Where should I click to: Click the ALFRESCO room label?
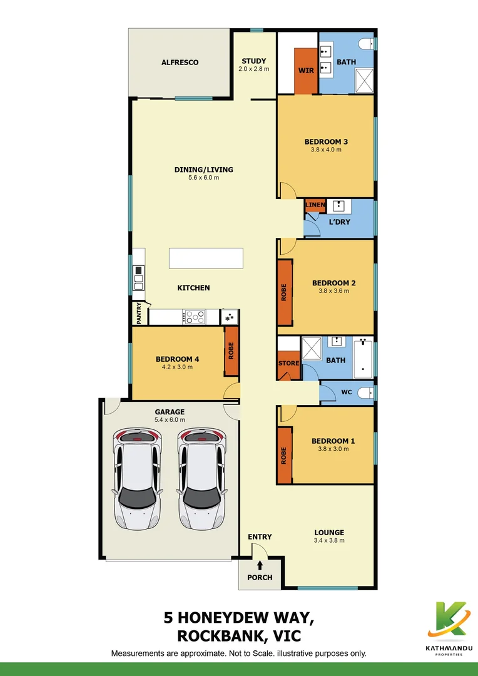pyautogui.click(x=180, y=63)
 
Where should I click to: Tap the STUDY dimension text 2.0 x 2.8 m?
pyautogui.click(x=254, y=69)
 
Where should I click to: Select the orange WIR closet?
pyautogui.click(x=306, y=70)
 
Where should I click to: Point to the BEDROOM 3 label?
pyautogui.click(x=326, y=141)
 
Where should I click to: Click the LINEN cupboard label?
pyautogui.click(x=315, y=205)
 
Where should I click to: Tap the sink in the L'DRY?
pyautogui.click(x=338, y=206)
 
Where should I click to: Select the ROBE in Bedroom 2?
pyautogui.click(x=285, y=292)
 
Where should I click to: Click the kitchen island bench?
pyautogui.click(x=206, y=258)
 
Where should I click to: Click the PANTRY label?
pyautogui.click(x=139, y=313)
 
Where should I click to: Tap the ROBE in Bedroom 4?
pyautogui.click(x=231, y=351)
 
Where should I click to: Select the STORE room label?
pyautogui.click(x=288, y=363)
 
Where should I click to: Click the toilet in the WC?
pyautogui.click(x=367, y=392)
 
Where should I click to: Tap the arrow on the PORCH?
pyautogui.click(x=260, y=565)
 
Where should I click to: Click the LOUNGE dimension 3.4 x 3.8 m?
pyautogui.click(x=328, y=541)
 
